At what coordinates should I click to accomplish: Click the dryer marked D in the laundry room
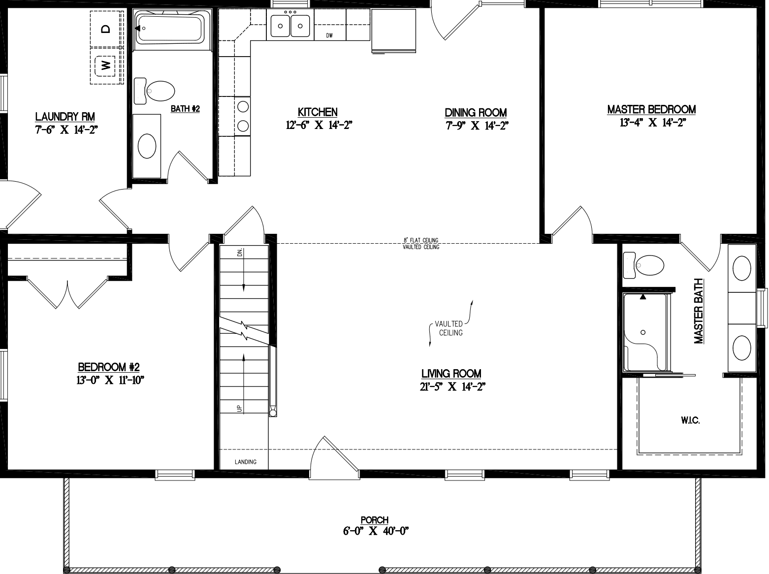(x=105, y=29)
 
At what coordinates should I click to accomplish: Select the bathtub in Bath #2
(x=170, y=29)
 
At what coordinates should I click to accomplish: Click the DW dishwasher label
(x=330, y=35)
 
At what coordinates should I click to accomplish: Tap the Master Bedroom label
(x=651, y=109)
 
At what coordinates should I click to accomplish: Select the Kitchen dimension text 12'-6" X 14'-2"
(x=319, y=125)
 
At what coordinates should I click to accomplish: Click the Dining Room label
(x=476, y=112)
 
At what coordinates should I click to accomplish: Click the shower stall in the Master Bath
(x=645, y=332)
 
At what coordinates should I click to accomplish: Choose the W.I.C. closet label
(x=690, y=420)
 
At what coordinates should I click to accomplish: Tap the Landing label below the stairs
(x=245, y=462)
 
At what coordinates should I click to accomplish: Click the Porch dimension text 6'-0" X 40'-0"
(x=376, y=531)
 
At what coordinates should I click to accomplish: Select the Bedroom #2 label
(x=109, y=367)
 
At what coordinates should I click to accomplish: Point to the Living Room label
(x=451, y=374)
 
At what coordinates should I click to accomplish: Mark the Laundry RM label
(x=65, y=117)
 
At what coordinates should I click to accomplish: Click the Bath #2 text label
(x=185, y=109)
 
